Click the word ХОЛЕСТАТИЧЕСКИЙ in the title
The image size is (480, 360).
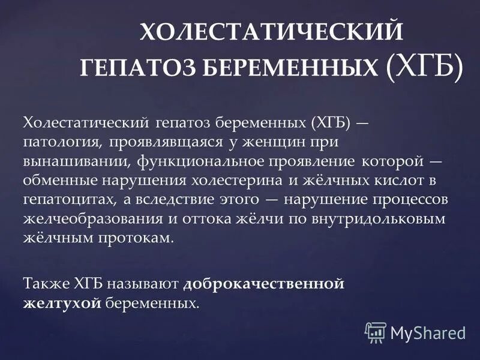point(271,31)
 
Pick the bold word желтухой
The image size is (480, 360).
point(61,304)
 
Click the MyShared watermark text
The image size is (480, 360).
point(427,332)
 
